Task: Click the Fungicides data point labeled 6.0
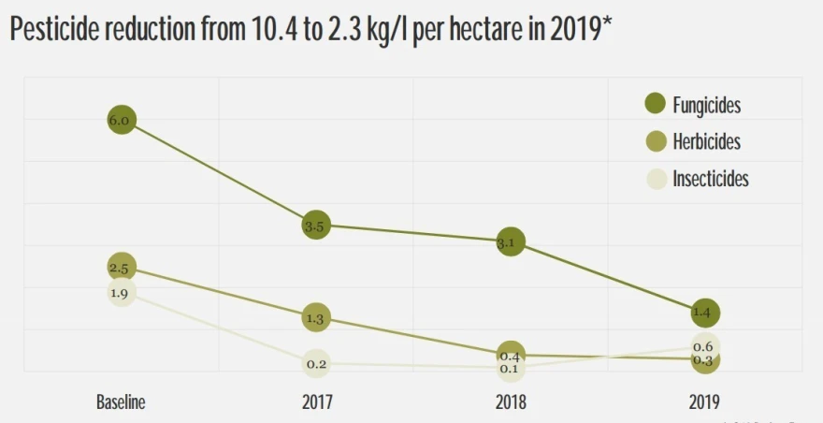pos(122,120)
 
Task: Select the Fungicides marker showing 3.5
pos(316,226)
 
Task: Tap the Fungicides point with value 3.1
pos(511,241)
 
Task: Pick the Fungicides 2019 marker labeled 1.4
pos(705,313)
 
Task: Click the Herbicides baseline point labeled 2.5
pos(122,268)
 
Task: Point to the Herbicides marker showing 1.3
pos(316,318)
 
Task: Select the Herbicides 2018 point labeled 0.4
pos(511,355)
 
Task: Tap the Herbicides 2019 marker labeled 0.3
pos(705,359)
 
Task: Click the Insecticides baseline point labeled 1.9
pos(122,292)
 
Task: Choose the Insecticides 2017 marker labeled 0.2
pos(316,363)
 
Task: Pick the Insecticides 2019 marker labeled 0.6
pos(705,346)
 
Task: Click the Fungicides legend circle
pos(655,104)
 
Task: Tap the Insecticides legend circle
pos(655,179)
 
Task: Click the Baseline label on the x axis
pos(121,402)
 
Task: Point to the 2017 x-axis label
pos(317,402)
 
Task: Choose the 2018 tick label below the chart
pos(511,402)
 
